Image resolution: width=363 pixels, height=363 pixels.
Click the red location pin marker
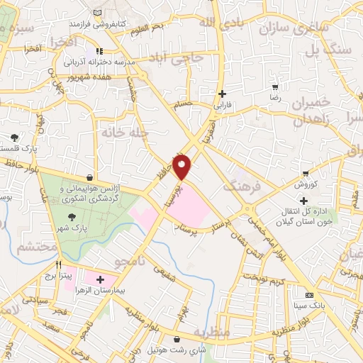coord(182,167)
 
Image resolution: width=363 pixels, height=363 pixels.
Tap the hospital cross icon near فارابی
coord(223,94)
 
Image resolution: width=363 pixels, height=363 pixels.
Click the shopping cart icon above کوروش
coord(306,173)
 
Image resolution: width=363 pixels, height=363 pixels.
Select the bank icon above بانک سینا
coord(308,295)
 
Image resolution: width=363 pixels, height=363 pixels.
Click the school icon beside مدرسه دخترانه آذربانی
coord(99,51)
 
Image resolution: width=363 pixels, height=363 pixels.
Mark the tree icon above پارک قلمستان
coord(15,137)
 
